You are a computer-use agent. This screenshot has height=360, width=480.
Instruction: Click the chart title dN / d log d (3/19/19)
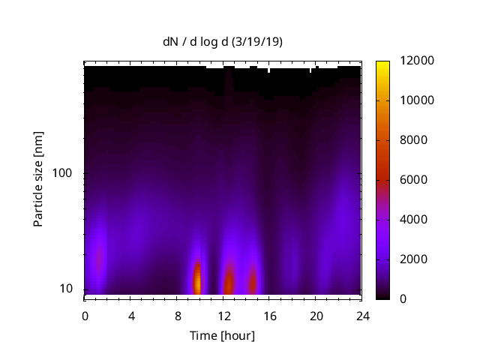click(223, 42)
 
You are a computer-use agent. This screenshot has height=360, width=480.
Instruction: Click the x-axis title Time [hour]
click(222, 335)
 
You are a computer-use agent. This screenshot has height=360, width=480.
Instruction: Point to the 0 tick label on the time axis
click(85, 316)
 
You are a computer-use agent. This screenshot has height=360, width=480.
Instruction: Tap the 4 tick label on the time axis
click(131, 316)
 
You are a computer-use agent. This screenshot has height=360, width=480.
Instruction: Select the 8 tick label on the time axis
click(177, 316)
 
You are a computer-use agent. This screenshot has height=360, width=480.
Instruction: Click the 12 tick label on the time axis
click(223, 316)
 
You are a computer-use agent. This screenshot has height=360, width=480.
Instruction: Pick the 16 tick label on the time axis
click(269, 316)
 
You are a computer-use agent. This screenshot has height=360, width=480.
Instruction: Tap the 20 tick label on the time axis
click(316, 316)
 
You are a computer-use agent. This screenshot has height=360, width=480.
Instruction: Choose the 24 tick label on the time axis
click(361, 316)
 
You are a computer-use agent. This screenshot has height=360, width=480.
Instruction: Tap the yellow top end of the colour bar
click(382, 63)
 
